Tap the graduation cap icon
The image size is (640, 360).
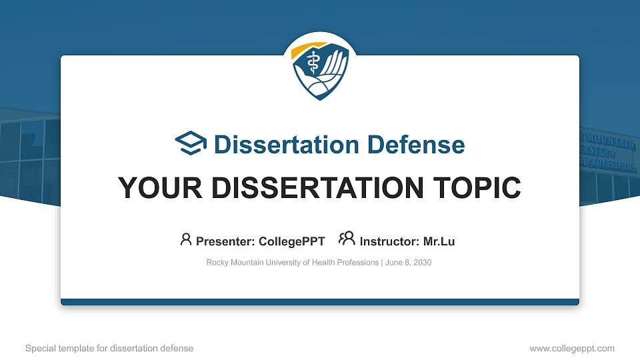pyautogui.click(x=191, y=144)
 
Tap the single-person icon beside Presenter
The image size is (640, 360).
pyautogui.click(x=186, y=239)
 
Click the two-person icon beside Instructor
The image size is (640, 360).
pyautogui.click(x=347, y=239)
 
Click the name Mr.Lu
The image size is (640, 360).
pyautogui.click(x=439, y=241)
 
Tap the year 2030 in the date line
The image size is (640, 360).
pyautogui.click(x=422, y=263)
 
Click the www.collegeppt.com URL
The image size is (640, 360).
pyautogui.click(x=572, y=348)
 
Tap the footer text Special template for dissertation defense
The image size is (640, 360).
pyautogui.click(x=109, y=348)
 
